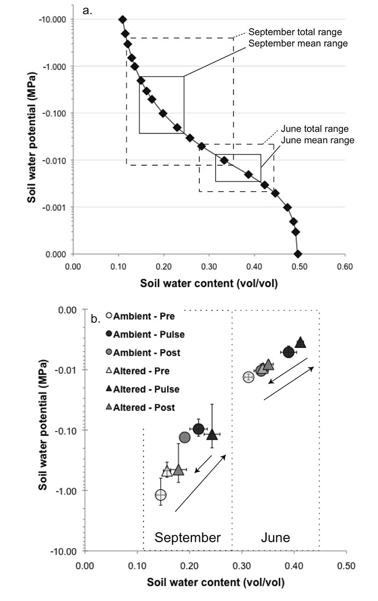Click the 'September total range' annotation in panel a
pos(298,31)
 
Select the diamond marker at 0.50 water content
pos(298,254)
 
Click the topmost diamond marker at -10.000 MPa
pos(122,20)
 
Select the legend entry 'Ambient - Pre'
pos(140,316)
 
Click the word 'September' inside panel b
pos(187,537)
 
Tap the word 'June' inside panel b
pos(275,537)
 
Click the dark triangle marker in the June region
pos(300,342)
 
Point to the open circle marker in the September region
pos(161,495)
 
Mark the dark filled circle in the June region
pos(288,352)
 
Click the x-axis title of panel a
pos(208,283)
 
